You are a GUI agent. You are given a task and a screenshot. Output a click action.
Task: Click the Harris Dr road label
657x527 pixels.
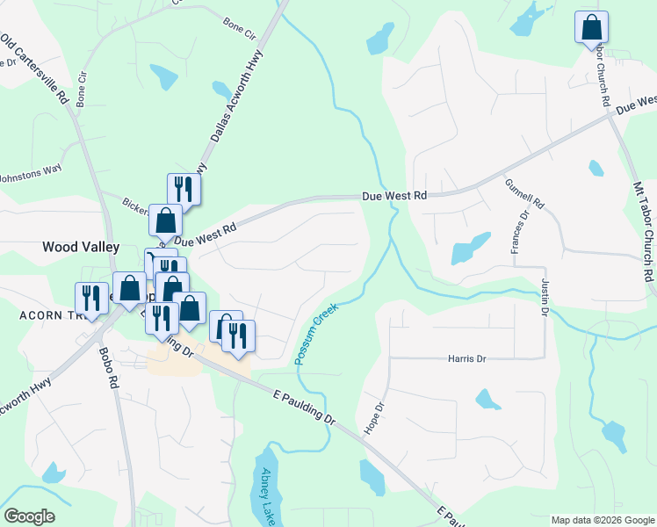point(466,358)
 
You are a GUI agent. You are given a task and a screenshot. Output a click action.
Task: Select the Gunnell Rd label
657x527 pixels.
point(524,193)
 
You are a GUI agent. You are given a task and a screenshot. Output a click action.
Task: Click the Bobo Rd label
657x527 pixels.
point(111,368)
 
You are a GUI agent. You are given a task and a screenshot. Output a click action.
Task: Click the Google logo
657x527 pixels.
point(29,516)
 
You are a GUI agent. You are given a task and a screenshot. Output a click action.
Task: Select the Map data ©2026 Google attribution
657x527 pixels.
point(603,520)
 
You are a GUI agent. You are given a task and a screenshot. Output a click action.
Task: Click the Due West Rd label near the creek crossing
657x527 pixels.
point(394,196)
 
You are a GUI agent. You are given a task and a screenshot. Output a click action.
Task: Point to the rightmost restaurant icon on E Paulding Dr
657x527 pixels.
point(239,336)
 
